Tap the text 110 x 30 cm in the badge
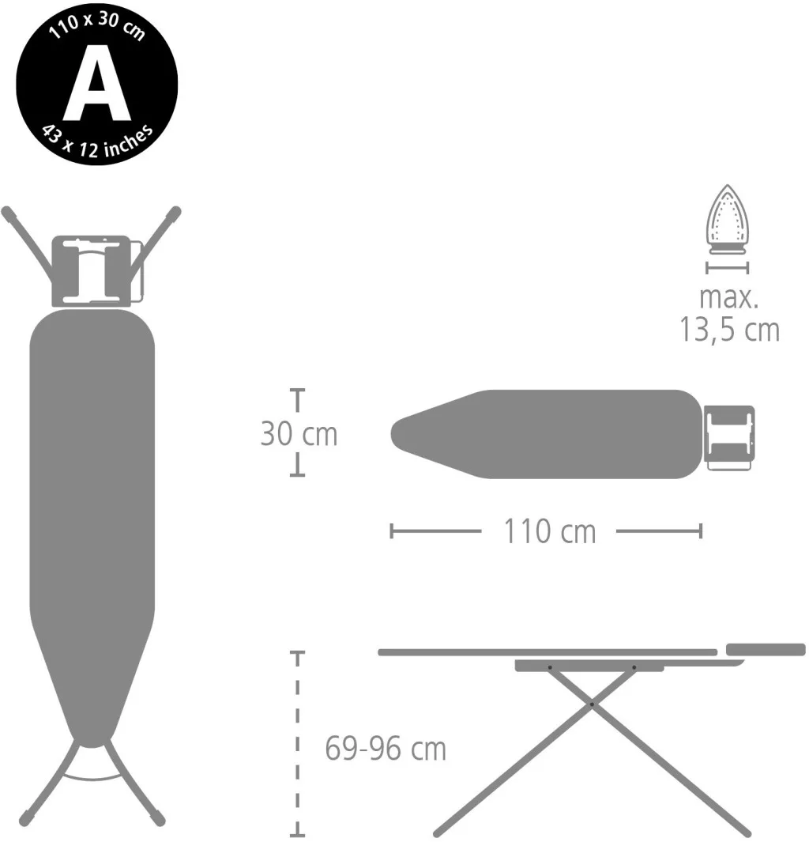[97, 25]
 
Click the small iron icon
[727, 219]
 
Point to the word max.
[728, 297]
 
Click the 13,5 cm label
[730, 329]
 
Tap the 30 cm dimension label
[299, 433]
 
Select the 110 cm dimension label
[550, 531]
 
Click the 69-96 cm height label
[386, 748]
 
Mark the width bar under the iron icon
[727, 267]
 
